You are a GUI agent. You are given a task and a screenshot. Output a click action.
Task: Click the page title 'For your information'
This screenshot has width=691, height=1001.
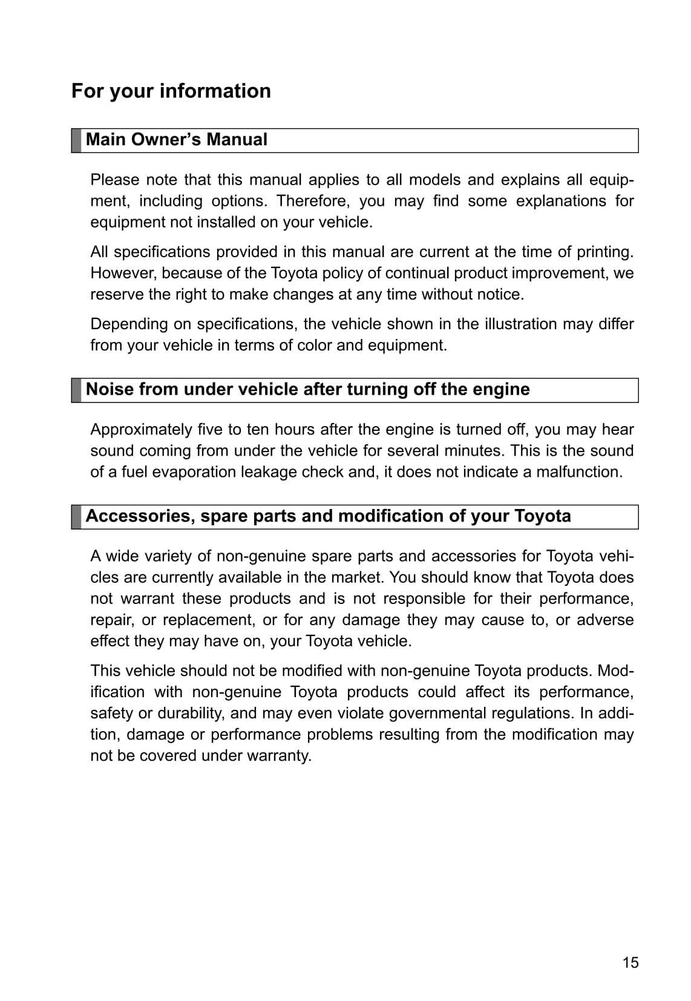click(171, 91)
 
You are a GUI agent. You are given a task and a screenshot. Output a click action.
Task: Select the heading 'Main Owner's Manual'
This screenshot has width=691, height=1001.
click(176, 140)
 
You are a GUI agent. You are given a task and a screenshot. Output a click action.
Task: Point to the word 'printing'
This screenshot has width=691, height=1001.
click(602, 252)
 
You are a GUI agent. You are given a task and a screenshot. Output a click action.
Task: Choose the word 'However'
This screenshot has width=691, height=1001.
click(123, 273)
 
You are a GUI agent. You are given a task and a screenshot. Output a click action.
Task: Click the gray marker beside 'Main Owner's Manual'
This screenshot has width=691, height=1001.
click(76, 140)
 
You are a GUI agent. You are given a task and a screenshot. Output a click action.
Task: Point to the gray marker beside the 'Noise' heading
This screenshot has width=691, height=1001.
click(76, 390)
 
